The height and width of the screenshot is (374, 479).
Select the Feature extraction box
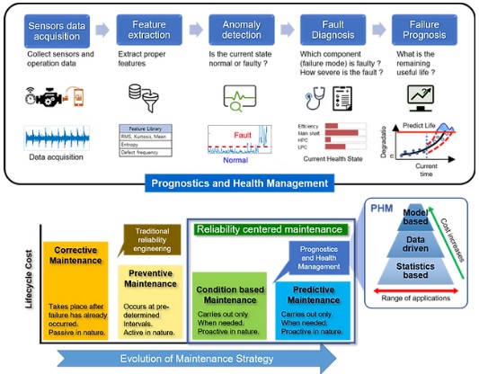(x=148, y=31)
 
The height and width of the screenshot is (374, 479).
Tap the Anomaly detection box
(x=241, y=31)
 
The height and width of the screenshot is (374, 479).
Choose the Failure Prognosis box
(x=422, y=31)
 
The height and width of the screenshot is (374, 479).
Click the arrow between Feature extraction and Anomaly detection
(x=195, y=31)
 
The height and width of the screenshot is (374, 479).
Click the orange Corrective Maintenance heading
(x=75, y=255)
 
